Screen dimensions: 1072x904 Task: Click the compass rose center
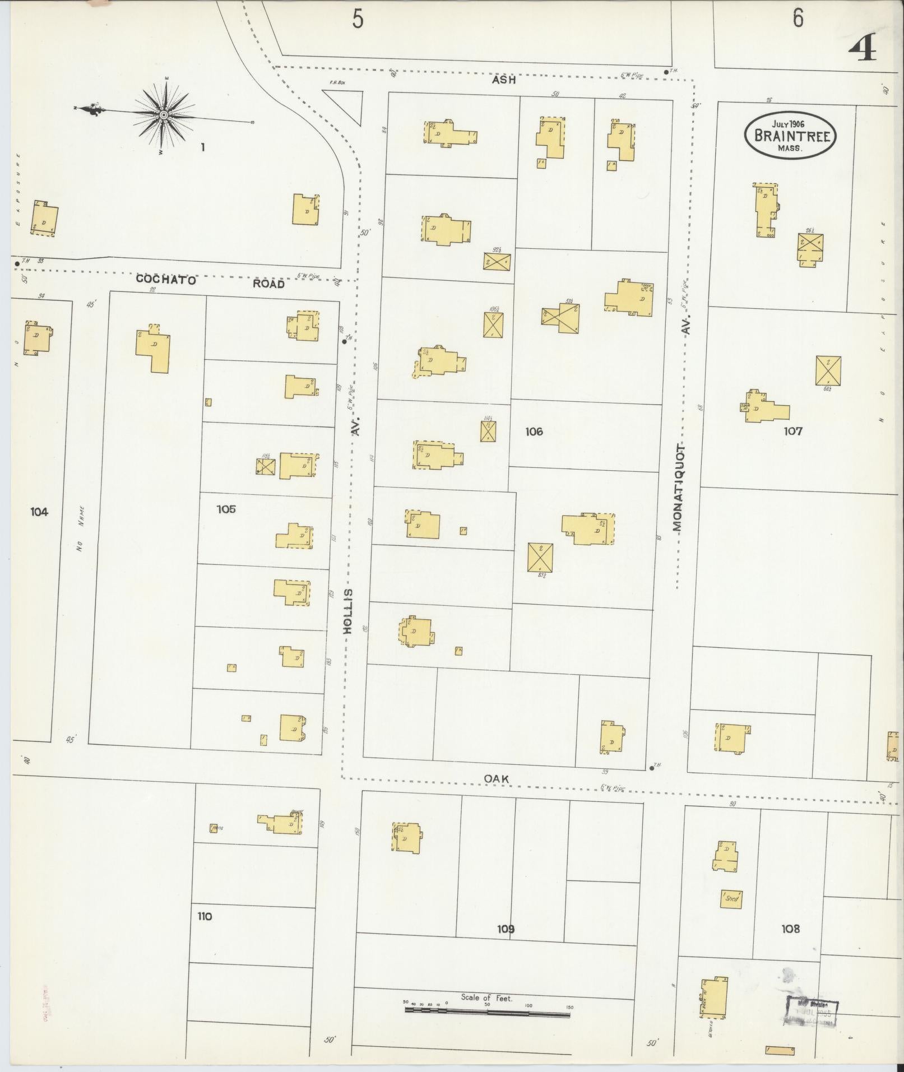[x=163, y=115]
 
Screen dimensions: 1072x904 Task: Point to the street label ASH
[x=504, y=81]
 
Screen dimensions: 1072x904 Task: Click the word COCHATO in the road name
[x=166, y=280]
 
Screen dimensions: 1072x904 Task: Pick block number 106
[x=534, y=431]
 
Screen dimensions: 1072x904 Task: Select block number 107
[x=793, y=431]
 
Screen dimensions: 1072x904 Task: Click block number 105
[x=226, y=509]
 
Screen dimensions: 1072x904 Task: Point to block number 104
[x=39, y=511]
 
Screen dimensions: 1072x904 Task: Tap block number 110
[x=205, y=917]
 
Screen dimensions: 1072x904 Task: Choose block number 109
[x=506, y=929]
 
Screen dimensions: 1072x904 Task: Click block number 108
[x=790, y=929]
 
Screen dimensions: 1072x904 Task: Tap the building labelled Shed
[x=731, y=899]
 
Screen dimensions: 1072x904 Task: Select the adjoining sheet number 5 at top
[x=358, y=20]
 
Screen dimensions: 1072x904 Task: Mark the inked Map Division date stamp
[x=812, y=1011]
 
